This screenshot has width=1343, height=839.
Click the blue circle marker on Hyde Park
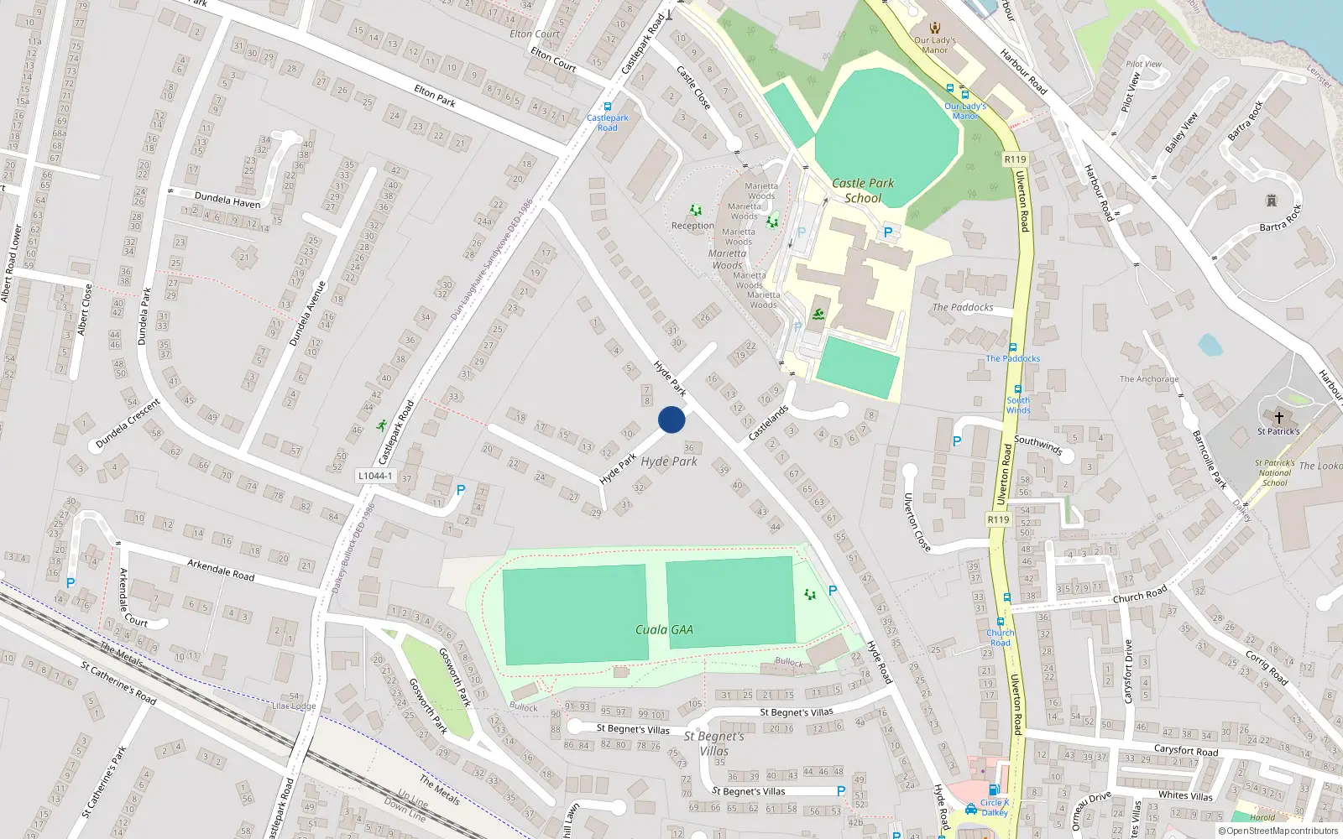tap(671, 419)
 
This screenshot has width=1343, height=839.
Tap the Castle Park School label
tap(863, 190)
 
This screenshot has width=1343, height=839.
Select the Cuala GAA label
tap(664, 629)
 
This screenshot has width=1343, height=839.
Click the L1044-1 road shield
tap(375, 476)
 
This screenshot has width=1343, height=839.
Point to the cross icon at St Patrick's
tap(1278, 417)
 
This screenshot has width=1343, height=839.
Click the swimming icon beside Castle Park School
tap(818, 315)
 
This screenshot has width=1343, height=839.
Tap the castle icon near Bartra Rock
tap(1272, 201)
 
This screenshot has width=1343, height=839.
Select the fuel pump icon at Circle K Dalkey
tap(993, 789)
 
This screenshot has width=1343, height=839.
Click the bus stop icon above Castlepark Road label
tap(608, 107)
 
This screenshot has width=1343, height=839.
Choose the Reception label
tap(692, 226)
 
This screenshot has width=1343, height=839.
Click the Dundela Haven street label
tap(227, 201)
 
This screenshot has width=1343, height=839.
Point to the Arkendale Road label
tap(221, 570)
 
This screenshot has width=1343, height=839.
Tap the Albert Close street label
tap(84, 309)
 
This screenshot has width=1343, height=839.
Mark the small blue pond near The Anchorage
tap(1210, 344)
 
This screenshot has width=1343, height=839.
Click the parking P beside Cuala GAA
tap(832, 591)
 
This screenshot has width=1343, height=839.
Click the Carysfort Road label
tap(1185, 750)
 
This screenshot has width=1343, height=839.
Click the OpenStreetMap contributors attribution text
tap(1278, 831)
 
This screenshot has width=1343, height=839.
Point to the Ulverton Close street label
tap(916, 521)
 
